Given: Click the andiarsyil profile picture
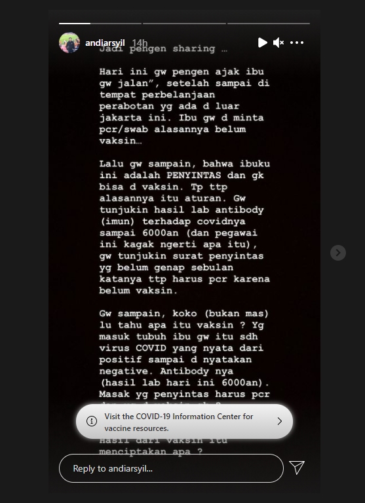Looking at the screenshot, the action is coord(69,43).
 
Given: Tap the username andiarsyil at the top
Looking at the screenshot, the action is coord(105,43).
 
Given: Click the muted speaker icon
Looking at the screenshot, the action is coord(279,43).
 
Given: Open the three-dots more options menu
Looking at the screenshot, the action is coord(297,43).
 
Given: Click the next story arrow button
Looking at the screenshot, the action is coord(337,252).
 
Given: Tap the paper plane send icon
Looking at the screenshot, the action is coord(297,467).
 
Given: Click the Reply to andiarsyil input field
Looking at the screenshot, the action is coord(170,468).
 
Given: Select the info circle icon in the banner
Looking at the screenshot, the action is coord(92,421).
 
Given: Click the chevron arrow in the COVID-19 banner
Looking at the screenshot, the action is coord(279,421).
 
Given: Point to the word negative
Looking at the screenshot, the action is coord(123,371).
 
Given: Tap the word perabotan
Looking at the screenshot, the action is coord(125,106).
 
